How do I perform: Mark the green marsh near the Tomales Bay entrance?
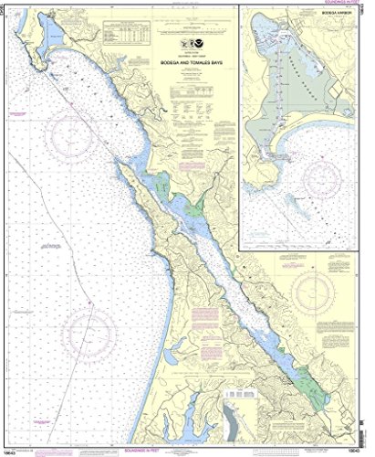tap(163, 182)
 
